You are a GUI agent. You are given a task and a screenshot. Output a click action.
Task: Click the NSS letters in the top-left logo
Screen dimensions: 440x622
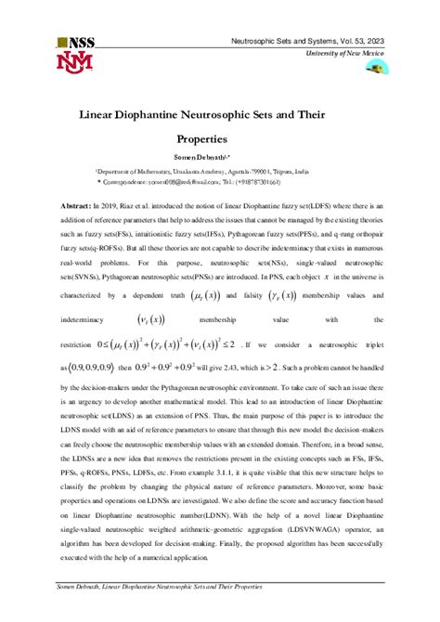click(82, 42)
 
